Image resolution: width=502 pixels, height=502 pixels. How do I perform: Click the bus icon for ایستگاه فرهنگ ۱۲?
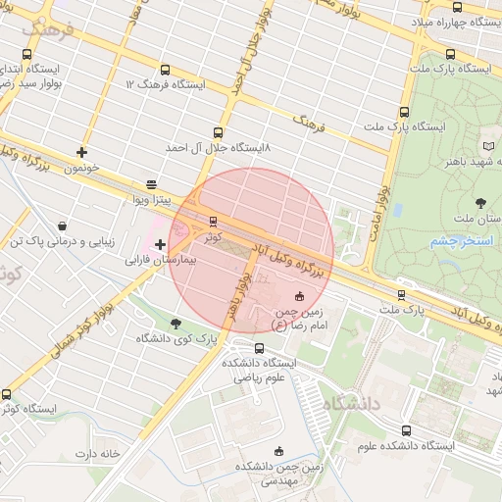(164, 71)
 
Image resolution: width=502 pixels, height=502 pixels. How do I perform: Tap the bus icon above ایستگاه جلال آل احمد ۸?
(217, 132)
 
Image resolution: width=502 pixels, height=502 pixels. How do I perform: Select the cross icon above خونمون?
(81, 152)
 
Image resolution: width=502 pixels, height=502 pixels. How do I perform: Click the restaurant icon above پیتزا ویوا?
(150, 184)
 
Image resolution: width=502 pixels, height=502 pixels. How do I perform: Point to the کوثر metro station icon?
(213, 221)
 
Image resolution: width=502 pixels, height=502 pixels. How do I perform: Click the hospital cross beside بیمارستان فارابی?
(161, 243)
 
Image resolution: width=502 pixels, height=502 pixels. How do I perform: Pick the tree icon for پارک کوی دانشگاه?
(176, 324)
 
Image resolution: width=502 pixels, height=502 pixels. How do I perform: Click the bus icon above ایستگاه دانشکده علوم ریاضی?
(259, 347)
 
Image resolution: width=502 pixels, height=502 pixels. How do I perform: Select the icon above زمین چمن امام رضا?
(299, 297)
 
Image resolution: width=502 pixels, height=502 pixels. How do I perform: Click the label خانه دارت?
(97, 454)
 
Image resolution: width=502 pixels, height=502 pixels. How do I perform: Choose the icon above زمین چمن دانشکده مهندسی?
(279, 452)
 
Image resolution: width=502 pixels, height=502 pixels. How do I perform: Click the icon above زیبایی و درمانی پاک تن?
(62, 226)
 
